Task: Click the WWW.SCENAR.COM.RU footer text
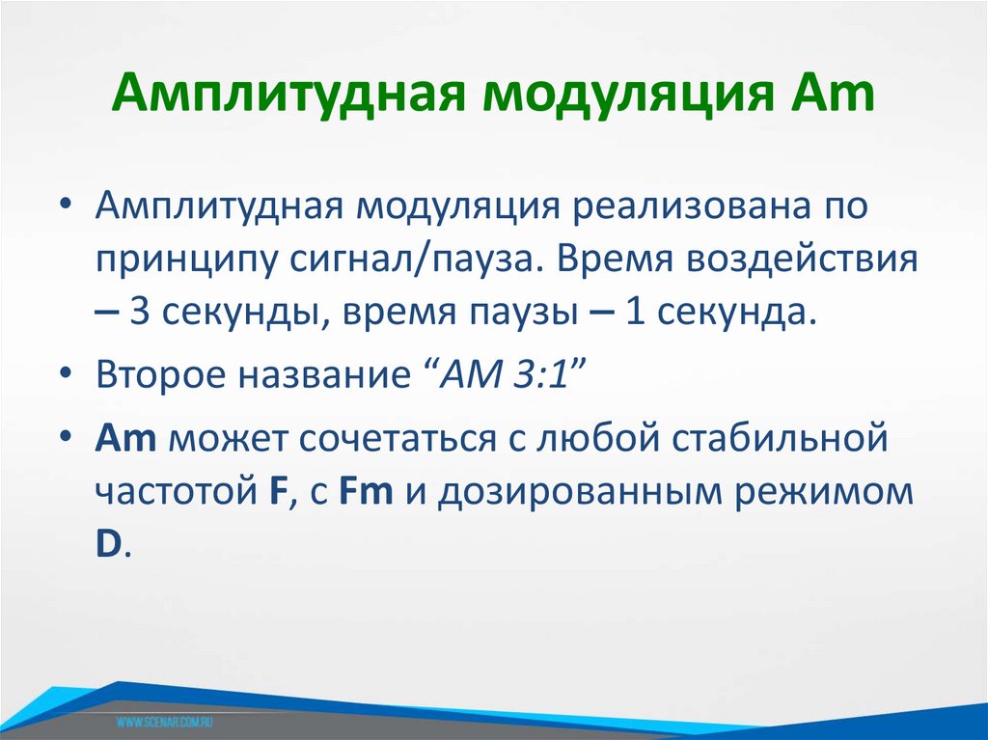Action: coord(165,721)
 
